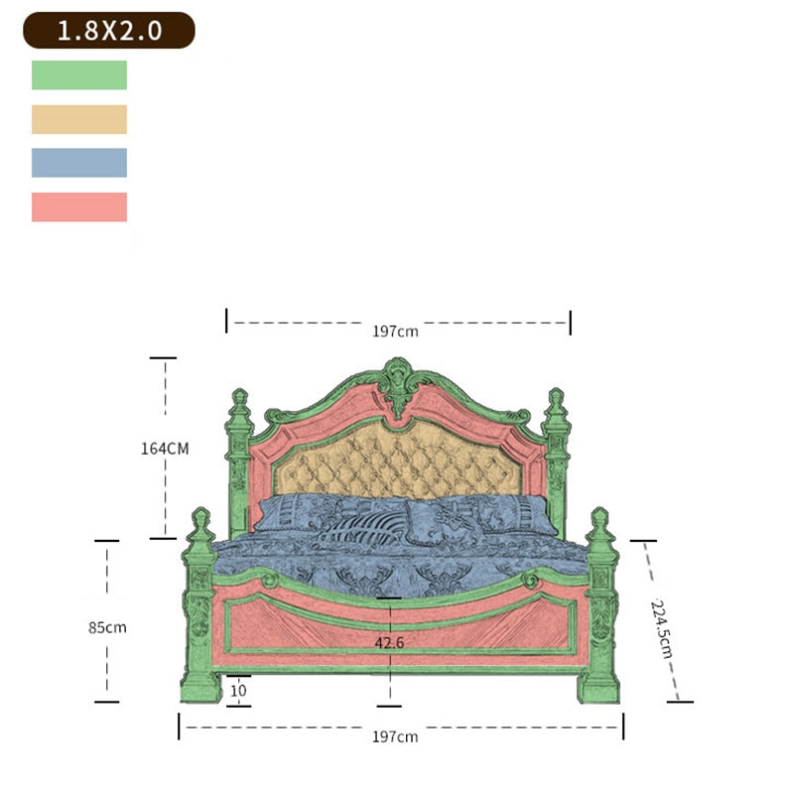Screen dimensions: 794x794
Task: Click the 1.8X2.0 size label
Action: tap(108, 31)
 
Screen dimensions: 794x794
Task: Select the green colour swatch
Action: tap(79, 75)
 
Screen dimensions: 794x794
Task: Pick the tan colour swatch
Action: tap(79, 119)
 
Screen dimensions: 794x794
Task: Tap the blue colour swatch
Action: tap(79, 163)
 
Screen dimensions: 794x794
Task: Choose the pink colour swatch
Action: tap(79, 206)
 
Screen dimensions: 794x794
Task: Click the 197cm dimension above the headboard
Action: tap(395, 331)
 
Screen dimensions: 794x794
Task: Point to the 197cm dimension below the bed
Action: tap(394, 735)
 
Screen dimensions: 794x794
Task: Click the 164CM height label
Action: tap(164, 448)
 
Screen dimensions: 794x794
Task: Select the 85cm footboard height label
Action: tap(107, 627)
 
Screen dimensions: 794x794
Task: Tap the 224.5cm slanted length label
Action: tap(662, 627)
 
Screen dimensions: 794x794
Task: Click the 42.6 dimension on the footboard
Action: tap(389, 642)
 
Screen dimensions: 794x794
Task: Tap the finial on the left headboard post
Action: tap(239, 404)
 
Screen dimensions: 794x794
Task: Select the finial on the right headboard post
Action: tap(556, 404)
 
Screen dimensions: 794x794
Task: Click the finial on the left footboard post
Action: tap(200, 525)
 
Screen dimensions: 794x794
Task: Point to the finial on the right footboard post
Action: tap(599, 525)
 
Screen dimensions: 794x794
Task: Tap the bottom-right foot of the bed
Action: tap(598, 687)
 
